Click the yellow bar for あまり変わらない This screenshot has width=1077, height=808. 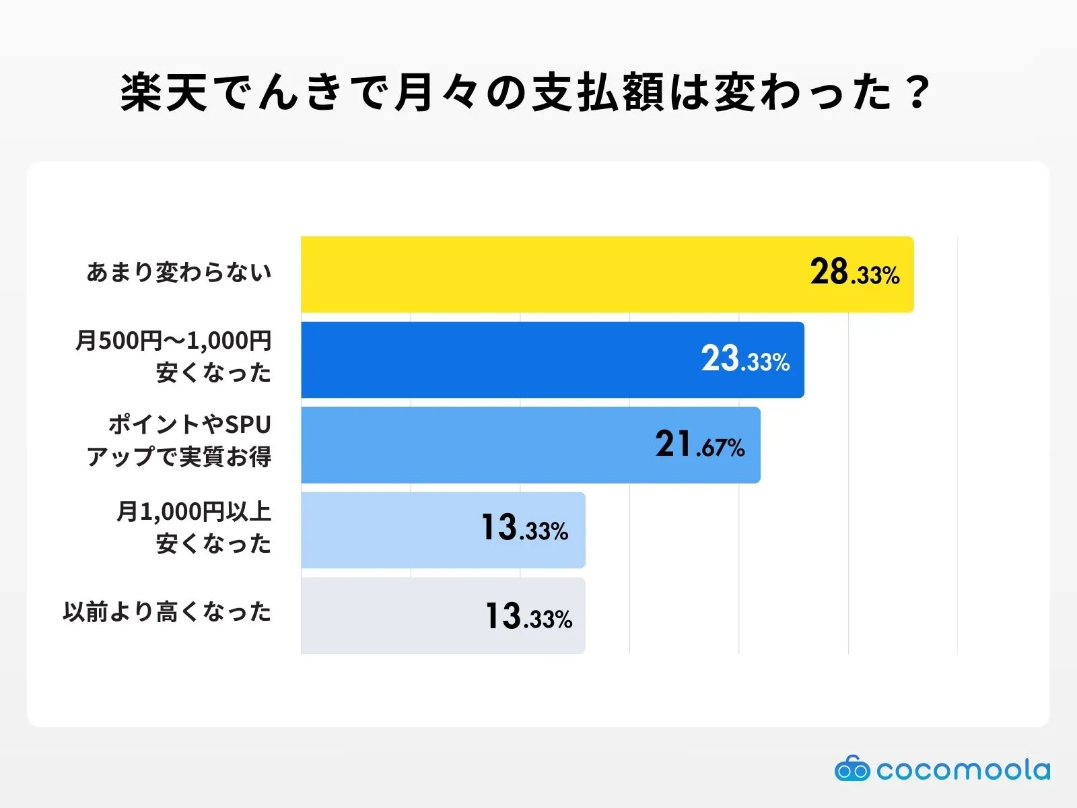click(552, 274)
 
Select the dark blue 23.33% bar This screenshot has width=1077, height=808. click(498, 360)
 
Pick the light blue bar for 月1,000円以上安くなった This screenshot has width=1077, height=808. click(390, 530)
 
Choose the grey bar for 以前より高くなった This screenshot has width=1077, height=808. click(390, 615)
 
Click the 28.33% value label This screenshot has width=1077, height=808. click(854, 273)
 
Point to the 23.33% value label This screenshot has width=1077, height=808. click(745, 359)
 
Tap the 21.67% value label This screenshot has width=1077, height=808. click(700, 444)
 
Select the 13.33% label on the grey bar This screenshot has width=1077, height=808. click(528, 616)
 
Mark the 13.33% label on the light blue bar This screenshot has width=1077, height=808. click(524, 528)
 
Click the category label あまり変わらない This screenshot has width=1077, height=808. click(179, 272)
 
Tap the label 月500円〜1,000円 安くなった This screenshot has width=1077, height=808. click(174, 356)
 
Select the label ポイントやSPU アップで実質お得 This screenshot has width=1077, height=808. click(179, 440)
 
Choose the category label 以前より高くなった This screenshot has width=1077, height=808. click(167, 612)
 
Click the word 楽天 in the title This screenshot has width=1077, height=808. click(164, 92)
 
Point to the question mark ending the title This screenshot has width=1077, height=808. click(917, 92)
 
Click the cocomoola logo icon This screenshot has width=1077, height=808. click(852, 769)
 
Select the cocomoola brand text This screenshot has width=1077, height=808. click(963, 770)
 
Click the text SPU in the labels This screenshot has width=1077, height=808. click(247, 425)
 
